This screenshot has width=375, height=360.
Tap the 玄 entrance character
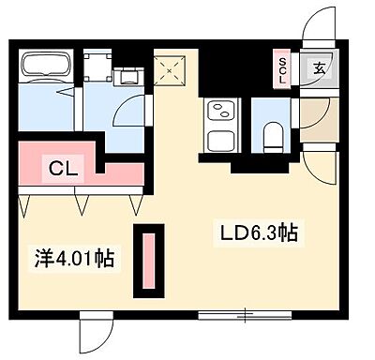tap(320, 67)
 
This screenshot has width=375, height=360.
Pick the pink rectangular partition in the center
tap(148, 260)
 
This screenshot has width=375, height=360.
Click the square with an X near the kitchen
tap(170, 67)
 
